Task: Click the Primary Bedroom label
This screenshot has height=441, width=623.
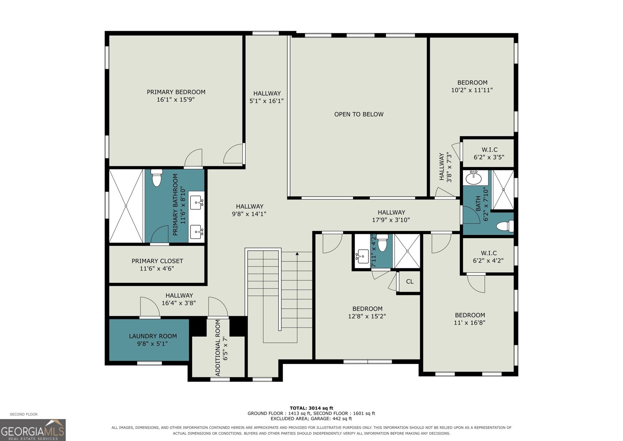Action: click(x=176, y=92)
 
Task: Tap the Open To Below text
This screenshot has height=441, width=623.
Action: click(x=359, y=115)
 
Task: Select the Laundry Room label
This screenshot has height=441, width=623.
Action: click(x=153, y=336)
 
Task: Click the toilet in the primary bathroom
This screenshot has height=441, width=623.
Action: click(x=157, y=178)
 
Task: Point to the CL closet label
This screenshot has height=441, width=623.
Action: click(x=410, y=282)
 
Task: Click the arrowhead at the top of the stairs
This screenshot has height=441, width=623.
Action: click(x=297, y=254)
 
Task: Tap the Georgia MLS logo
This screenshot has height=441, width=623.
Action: click(x=33, y=430)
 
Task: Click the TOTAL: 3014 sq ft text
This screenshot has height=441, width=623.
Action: click(x=311, y=408)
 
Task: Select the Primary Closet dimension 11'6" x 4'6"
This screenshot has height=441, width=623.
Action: click(x=157, y=268)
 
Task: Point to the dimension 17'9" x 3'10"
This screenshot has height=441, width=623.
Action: click(x=391, y=220)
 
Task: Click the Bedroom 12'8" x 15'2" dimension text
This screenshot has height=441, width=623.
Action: click(x=367, y=316)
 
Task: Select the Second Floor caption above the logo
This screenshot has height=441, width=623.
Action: click(x=24, y=414)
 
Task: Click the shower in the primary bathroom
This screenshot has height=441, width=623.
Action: click(x=126, y=206)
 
